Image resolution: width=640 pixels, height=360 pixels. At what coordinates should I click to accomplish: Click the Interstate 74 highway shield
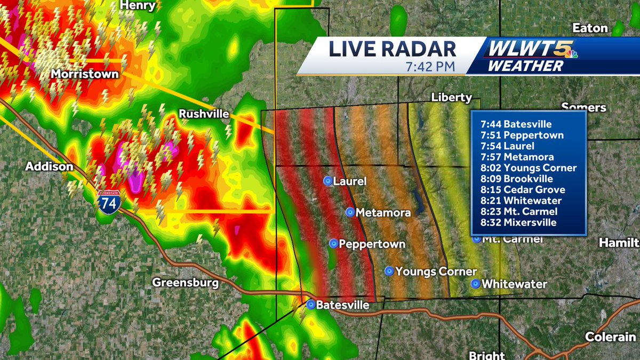click(108, 204)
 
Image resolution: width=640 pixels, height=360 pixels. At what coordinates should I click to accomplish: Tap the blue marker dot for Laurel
click(327, 181)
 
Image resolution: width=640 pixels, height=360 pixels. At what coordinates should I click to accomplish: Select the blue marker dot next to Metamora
click(350, 212)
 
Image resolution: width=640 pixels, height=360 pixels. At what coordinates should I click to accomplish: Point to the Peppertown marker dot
click(333, 244)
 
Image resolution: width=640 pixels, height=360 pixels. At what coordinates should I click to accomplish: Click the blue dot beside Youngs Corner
click(389, 271)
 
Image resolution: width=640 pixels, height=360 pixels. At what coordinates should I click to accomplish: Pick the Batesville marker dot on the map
click(310, 305)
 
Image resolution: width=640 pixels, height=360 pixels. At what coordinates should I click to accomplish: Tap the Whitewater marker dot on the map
click(475, 284)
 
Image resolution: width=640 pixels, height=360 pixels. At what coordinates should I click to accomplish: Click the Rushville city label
click(204, 114)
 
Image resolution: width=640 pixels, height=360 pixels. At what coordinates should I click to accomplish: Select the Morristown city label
click(85, 74)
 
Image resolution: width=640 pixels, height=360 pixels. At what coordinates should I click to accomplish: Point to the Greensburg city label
click(185, 282)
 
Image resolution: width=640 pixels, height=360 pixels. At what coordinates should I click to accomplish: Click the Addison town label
click(49, 167)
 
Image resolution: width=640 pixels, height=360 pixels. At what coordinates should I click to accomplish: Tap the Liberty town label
click(451, 97)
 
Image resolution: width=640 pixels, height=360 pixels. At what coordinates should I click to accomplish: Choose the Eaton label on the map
click(590, 28)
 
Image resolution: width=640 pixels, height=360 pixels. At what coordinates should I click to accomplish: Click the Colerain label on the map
click(610, 337)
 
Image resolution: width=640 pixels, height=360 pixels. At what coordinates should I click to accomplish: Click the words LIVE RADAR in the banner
click(392, 49)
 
